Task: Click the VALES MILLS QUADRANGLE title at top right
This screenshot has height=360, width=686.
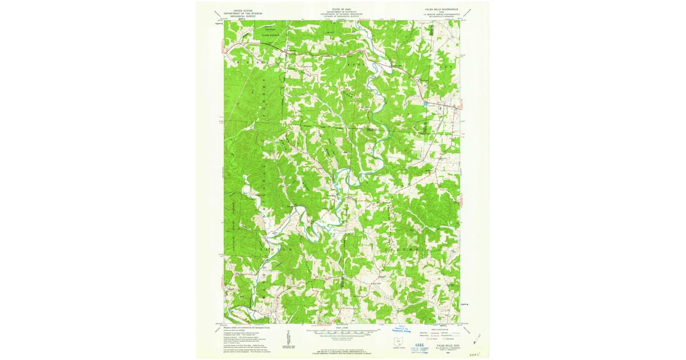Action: coord(437,9)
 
